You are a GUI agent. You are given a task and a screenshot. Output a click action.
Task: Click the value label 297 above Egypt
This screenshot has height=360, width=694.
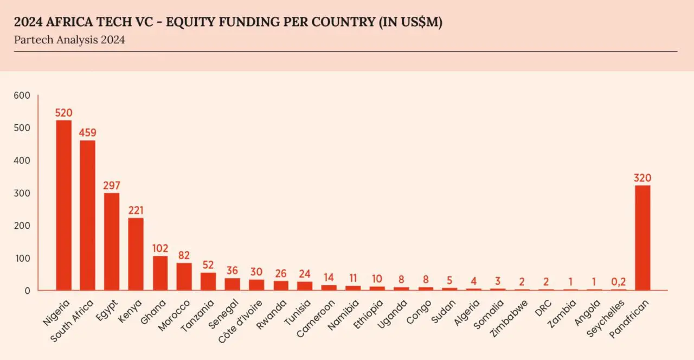[112, 185]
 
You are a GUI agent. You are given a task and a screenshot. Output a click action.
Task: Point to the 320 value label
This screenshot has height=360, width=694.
[642, 178]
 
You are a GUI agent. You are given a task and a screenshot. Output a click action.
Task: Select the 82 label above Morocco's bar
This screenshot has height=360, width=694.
[184, 255]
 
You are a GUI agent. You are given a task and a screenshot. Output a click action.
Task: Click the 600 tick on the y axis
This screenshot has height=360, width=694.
[23, 95]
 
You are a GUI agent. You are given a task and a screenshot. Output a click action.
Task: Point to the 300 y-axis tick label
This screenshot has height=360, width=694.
[23, 193]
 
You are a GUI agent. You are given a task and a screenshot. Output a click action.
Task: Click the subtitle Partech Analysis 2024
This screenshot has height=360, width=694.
[69, 40]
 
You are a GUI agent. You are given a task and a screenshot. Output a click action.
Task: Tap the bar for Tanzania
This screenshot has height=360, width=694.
[208, 281]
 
